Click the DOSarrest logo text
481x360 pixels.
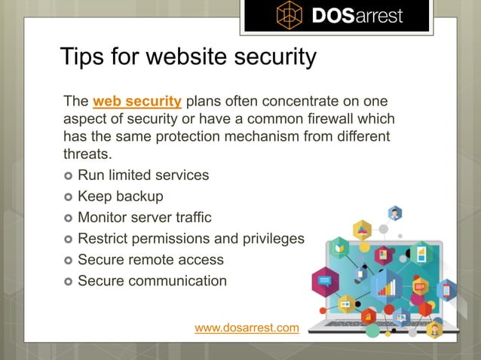(x=358, y=15)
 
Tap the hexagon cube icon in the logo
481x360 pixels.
(x=290, y=15)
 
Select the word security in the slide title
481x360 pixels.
(x=266, y=56)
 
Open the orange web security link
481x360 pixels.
(x=136, y=102)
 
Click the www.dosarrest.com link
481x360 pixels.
(x=247, y=328)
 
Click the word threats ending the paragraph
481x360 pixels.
(x=86, y=154)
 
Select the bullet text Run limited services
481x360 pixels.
(x=143, y=175)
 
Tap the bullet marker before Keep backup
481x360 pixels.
(x=68, y=197)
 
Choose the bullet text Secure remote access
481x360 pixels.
(x=151, y=260)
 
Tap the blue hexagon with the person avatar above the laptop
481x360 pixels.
(x=394, y=214)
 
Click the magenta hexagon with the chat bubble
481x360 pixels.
(x=325, y=281)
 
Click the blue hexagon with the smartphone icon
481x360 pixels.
(x=447, y=289)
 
